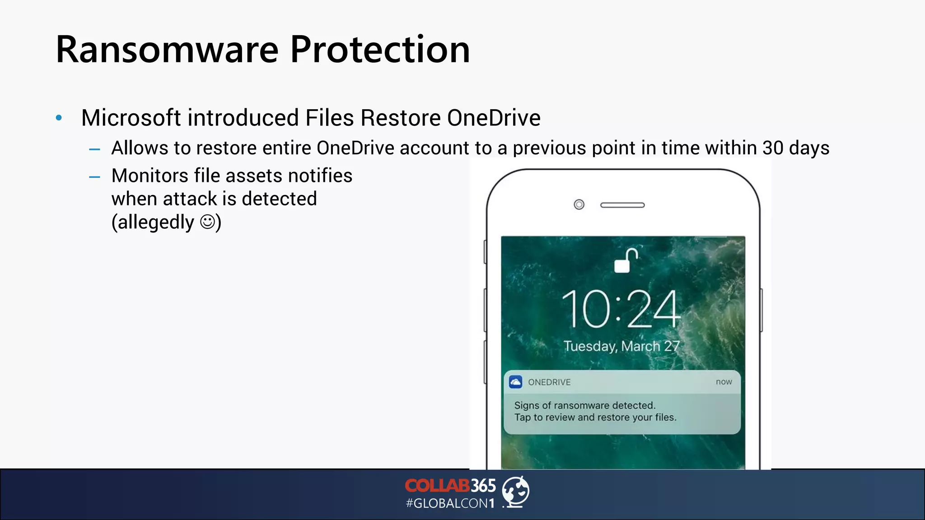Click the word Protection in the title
point(380,50)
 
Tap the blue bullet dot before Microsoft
point(59,118)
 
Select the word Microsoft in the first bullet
point(131,118)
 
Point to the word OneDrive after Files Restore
point(494,118)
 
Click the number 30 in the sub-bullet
point(773,148)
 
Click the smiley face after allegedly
point(207,222)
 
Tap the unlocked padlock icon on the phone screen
point(625,260)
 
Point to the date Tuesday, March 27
point(621,346)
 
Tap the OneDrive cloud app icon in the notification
point(516,382)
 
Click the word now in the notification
point(724,382)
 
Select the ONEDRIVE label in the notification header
point(549,382)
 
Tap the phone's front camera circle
point(579,205)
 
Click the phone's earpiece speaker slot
point(622,205)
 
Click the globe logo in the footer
point(516,492)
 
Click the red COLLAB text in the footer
point(437,486)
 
